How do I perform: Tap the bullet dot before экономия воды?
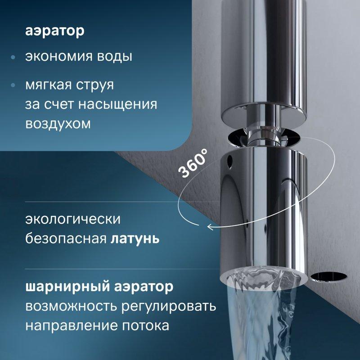(13, 58)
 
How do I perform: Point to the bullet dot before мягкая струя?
(13, 85)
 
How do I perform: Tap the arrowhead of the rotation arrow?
(210, 227)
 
